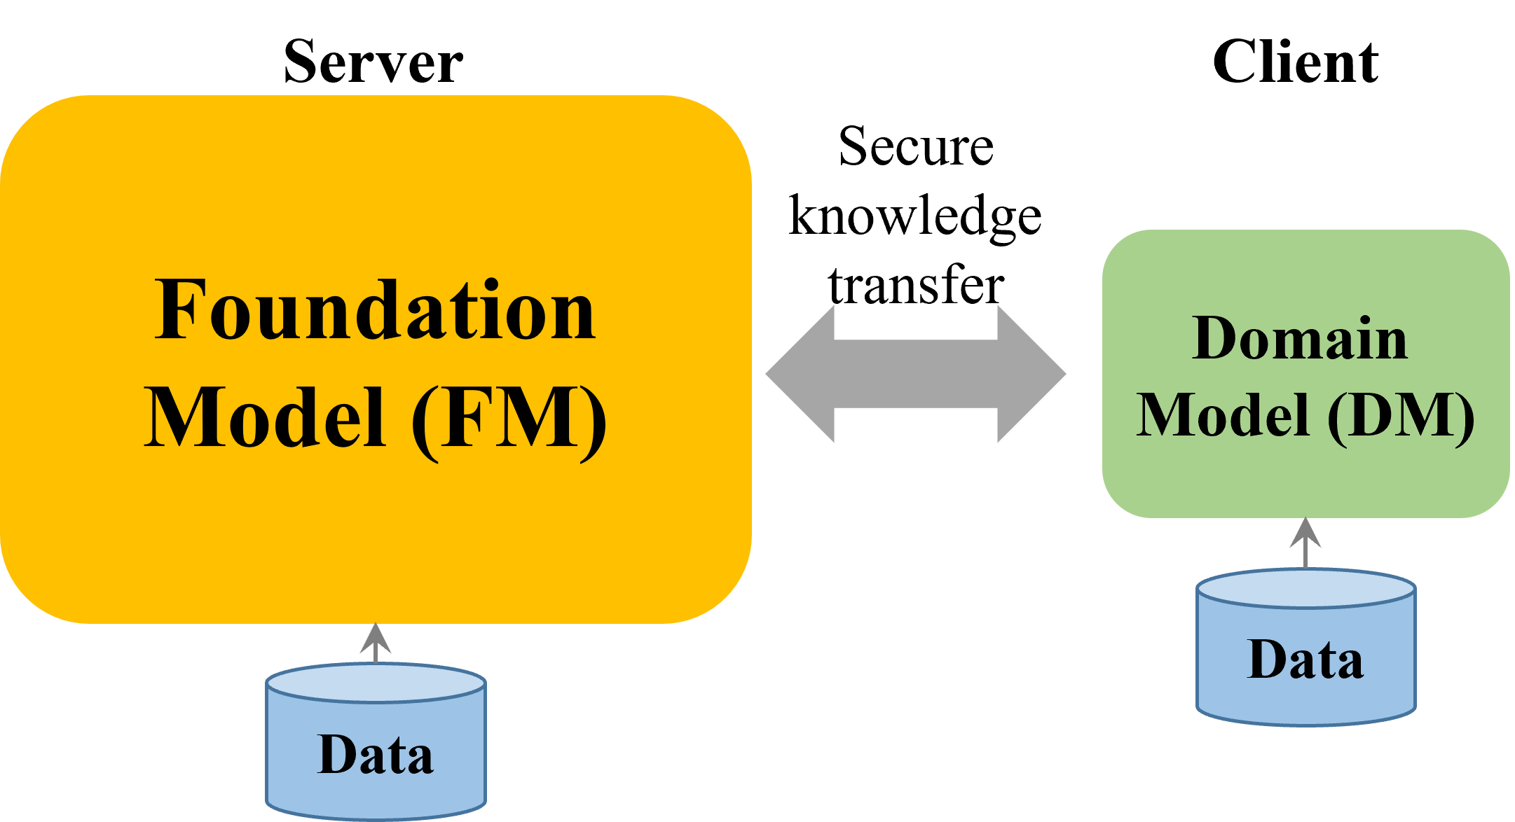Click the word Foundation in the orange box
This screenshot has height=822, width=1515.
375,310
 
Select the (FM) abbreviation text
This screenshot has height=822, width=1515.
509,419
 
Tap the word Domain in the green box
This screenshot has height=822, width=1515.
1300,339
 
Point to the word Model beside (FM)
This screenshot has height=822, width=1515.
265,418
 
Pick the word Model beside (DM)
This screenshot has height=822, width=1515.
1223,416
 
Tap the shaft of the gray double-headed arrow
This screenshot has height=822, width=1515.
915,374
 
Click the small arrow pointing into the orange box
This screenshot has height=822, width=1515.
376,641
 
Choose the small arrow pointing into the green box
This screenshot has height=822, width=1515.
1305,541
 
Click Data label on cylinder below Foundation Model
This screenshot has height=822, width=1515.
376,755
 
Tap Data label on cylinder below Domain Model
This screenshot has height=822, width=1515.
1305,660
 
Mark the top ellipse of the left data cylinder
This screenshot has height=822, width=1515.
376,683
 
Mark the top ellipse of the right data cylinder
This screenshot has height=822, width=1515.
1305,589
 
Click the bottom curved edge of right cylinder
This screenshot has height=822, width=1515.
1305,723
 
